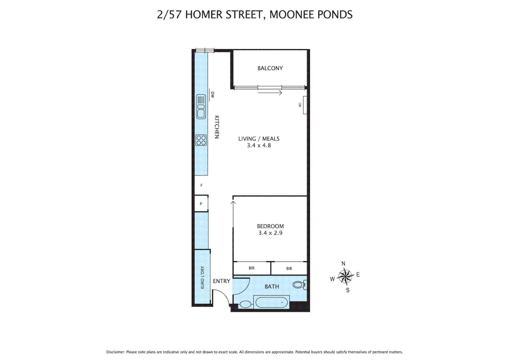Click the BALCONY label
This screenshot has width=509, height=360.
[270, 68]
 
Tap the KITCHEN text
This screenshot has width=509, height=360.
[217, 127]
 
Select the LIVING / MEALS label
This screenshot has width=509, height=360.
[259, 139]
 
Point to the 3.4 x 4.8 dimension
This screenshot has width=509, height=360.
[259, 145]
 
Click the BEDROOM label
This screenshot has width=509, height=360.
[270, 226]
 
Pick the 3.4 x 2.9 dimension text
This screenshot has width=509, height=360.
[270, 233]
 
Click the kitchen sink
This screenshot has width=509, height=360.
[201, 107]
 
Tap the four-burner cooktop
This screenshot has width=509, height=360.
[201, 140]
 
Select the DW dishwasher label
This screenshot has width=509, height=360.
[213, 95]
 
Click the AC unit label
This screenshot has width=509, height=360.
[300, 105]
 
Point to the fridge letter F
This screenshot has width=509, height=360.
[201, 186]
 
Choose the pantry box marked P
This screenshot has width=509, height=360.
[201, 204]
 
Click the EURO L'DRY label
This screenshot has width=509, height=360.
[202, 277]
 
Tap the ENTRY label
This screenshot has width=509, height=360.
[222, 281]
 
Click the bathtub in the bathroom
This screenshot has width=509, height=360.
[271, 303]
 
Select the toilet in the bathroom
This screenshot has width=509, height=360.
[299, 285]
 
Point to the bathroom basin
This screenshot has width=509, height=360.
[246, 304]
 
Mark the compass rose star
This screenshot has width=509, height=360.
[345, 276]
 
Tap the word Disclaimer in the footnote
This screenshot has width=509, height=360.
[115, 352]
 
